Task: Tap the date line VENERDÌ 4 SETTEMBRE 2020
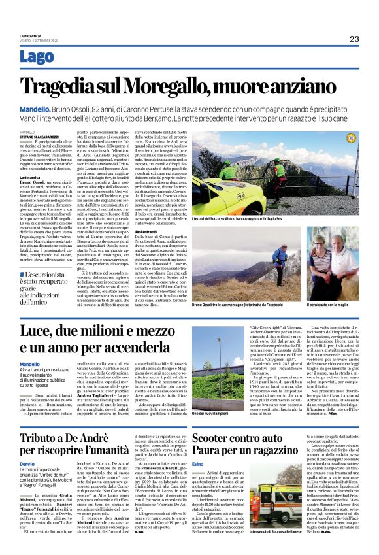click(41, 41)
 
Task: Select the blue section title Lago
click(37, 57)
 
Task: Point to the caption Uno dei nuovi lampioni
click(212, 395)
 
